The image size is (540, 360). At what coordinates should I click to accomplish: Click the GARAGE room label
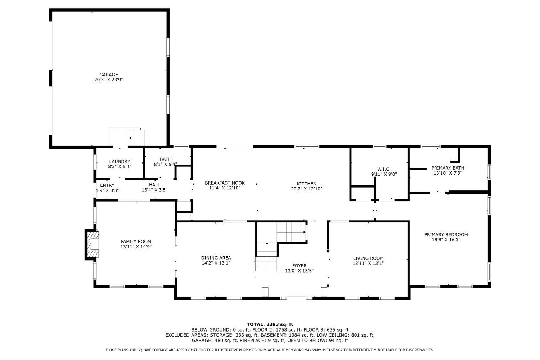coord(109,75)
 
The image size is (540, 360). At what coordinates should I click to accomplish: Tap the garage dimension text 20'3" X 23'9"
coord(109,80)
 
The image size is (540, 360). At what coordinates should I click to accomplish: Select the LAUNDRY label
coord(120,162)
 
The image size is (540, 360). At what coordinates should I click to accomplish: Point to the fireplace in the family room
coord(92,244)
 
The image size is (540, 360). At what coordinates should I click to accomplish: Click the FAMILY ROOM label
coord(136,242)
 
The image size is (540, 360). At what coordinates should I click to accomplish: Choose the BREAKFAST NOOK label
coord(225,183)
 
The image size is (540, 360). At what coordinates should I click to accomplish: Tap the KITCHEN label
coord(307,184)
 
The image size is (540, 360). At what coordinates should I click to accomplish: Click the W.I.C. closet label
coord(384,169)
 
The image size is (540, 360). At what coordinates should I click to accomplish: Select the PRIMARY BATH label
coord(448,168)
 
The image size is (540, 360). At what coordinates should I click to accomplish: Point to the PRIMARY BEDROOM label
coord(446,235)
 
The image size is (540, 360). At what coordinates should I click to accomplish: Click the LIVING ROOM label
coord(368,258)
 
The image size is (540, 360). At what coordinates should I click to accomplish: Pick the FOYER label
coord(300,266)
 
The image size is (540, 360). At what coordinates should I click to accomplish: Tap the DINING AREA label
coord(216,258)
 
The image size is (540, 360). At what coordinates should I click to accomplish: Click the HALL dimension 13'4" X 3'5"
coord(154,190)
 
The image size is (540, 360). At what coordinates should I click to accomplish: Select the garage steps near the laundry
coord(136,138)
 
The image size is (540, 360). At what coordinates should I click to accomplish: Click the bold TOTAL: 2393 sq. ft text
coord(270,325)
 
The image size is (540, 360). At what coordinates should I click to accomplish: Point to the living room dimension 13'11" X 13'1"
coord(368,264)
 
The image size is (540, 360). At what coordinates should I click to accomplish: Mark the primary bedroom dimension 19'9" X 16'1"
coord(446,240)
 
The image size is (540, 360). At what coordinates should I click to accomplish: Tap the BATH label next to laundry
coord(166,159)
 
